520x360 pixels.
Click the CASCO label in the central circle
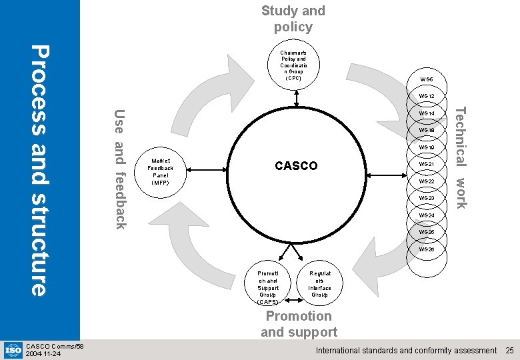[296, 166]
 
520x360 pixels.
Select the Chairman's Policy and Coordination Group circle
[293, 64]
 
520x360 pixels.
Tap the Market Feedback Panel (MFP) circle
[161, 171]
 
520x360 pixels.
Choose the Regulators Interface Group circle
[320, 283]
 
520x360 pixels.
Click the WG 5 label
[427, 79]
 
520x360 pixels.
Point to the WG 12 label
[427, 97]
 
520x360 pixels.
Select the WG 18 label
[427, 131]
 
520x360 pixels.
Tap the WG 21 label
[427, 165]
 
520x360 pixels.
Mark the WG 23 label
[427, 198]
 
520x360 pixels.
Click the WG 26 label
[427, 249]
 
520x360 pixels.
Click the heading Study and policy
[293, 19]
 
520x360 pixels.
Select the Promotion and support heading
[299, 324]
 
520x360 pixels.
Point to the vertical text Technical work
[461, 157]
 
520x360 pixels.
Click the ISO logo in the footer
[13, 349]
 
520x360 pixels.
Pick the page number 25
[509, 350]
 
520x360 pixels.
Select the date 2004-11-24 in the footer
[43, 354]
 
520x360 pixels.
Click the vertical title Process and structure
[40, 170]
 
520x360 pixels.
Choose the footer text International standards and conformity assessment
[406, 350]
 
